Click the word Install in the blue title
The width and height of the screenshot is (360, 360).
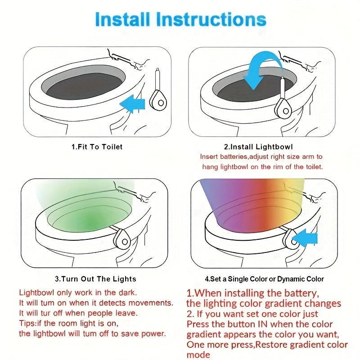(122, 19)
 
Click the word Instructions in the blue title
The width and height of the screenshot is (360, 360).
(211, 19)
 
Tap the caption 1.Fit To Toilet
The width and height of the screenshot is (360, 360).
(97, 147)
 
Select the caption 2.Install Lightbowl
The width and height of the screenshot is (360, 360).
(258, 147)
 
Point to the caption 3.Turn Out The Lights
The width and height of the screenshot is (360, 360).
(95, 279)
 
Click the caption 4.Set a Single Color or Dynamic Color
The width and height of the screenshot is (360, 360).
(264, 279)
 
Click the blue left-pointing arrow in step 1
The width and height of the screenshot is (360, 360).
(132, 103)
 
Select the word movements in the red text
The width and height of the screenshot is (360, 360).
(151, 303)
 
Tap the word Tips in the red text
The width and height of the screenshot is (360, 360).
(27, 324)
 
